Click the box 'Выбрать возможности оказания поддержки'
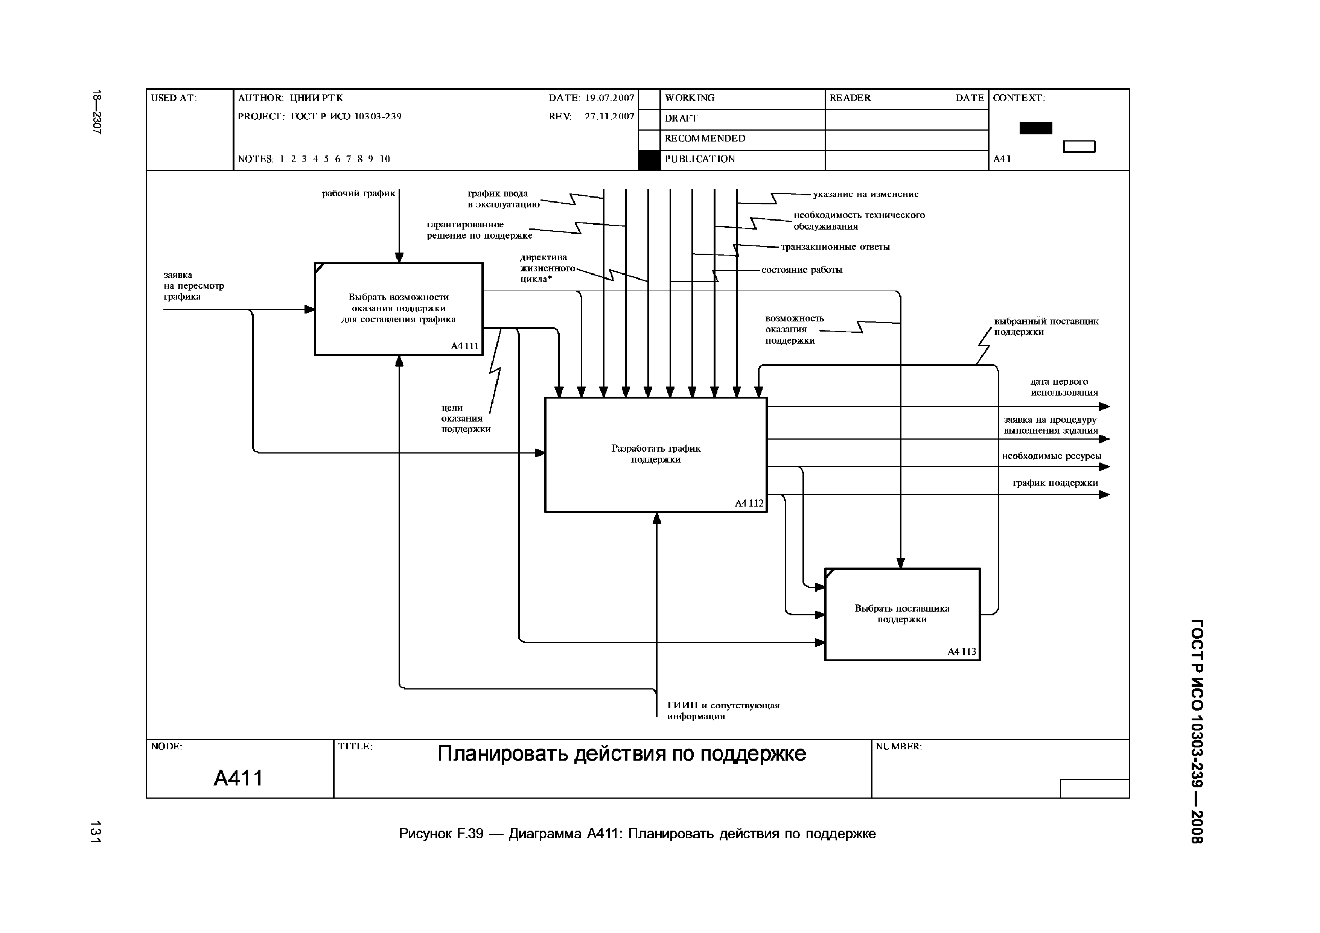coord(399,309)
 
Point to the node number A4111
coord(464,346)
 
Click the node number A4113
coord(962,652)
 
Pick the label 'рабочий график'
coord(358,194)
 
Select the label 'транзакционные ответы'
coord(835,247)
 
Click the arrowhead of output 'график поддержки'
coord(1104,495)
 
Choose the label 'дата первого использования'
coord(1064,387)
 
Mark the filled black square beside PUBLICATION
coord(649,160)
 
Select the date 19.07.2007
coord(609,98)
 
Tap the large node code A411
coord(238,778)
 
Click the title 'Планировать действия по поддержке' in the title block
coord(621,753)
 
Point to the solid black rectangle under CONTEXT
coord(1035,128)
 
